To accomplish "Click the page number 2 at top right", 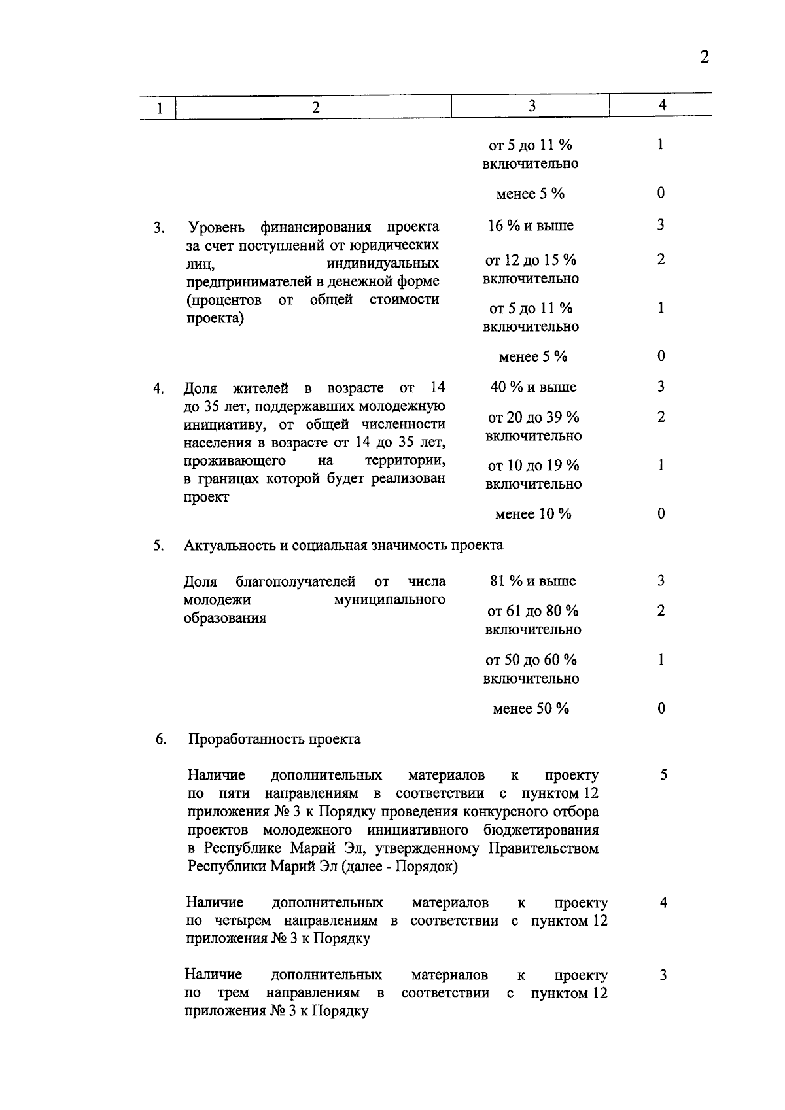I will pyautogui.click(x=704, y=57).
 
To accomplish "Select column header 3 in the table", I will pyautogui.click(x=531, y=106).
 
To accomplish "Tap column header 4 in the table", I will pyautogui.click(x=662, y=105).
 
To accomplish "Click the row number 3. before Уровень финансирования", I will pyautogui.click(x=159, y=228).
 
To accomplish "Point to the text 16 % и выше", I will pyautogui.click(x=531, y=226).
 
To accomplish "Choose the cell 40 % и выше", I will pyautogui.click(x=533, y=387).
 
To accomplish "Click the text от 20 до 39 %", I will pyautogui.click(x=533, y=417).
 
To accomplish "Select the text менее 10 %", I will pyautogui.click(x=533, y=514).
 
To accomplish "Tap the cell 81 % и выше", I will pyautogui.click(x=533, y=581).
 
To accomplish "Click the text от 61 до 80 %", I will pyautogui.click(x=533, y=612).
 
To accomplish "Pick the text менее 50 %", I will pyautogui.click(x=531, y=709).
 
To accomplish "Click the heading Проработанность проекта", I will pyautogui.click(x=274, y=739).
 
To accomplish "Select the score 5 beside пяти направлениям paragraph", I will pyautogui.click(x=663, y=776).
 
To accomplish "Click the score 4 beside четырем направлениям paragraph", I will pyautogui.click(x=663, y=903).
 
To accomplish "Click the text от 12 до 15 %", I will pyautogui.click(x=531, y=260).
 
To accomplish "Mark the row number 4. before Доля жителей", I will pyautogui.click(x=159, y=389).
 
